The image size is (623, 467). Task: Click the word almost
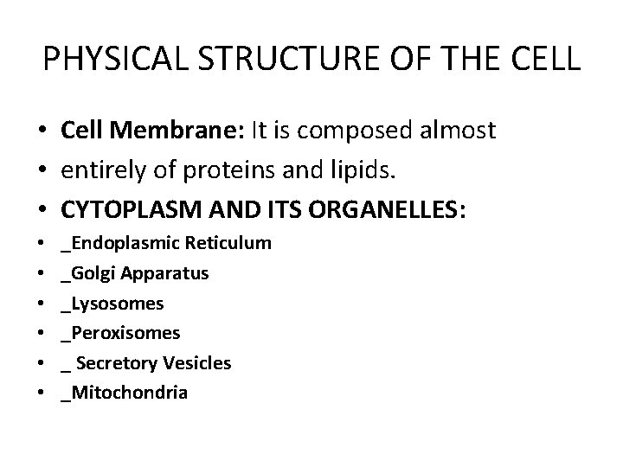pos(456,131)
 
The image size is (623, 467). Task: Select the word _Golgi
pos(89,273)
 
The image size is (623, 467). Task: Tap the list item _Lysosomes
pos(112,304)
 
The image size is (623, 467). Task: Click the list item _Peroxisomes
pos(120,333)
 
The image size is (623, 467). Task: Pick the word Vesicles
pos(197,363)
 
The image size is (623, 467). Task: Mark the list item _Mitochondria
pos(124,393)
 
